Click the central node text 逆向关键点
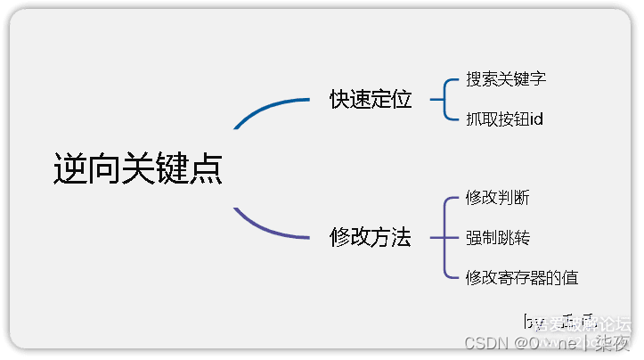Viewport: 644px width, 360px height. (x=137, y=168)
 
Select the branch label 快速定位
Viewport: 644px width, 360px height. (x=371, y=100)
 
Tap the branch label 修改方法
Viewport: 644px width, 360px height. (x=371, y=238)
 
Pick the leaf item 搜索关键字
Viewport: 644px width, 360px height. (x=506, y=79)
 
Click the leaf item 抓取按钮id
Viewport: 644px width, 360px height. (x=504, y=119)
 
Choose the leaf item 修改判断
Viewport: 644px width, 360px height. (x=497, y=198)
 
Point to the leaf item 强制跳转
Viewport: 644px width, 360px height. (x=497, y=238)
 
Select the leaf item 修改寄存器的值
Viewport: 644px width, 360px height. (x=522, y=277)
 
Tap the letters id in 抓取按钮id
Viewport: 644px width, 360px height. (x=536, y=119)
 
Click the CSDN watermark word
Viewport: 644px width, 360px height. (x=486, y=342)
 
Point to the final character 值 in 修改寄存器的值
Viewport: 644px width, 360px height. (x=571, y=277)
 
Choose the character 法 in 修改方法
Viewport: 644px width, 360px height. (x=402, y=238)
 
